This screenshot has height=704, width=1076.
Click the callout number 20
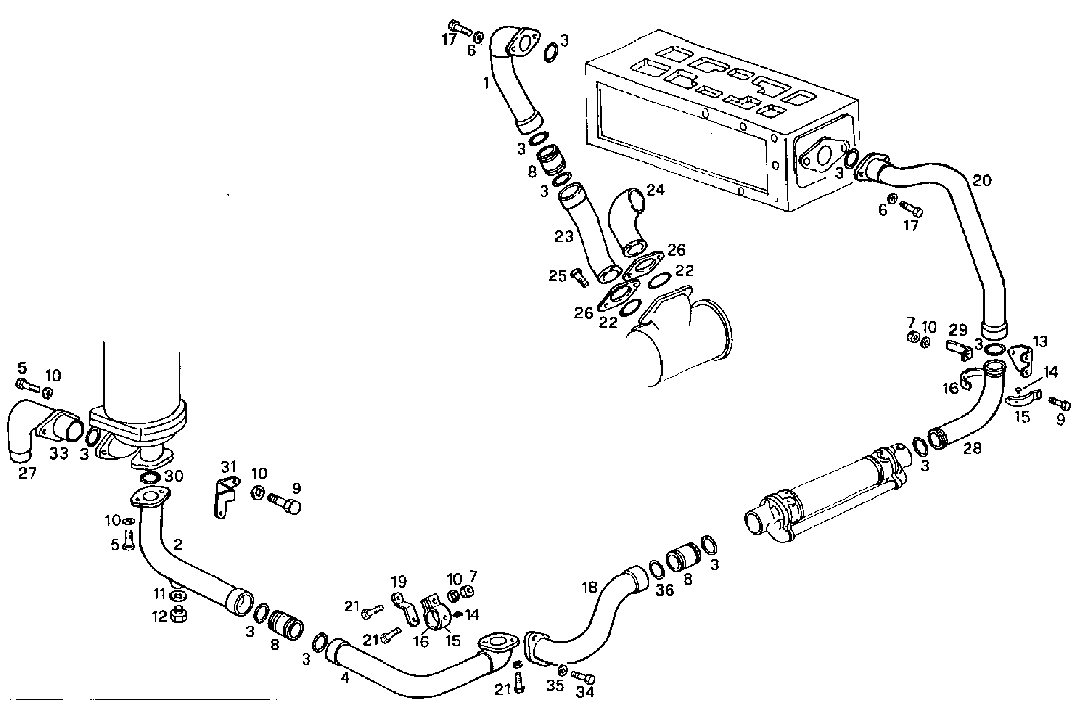point(982,181)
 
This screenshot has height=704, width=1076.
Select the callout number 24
point(655,190)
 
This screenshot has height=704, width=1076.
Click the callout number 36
point(666,590)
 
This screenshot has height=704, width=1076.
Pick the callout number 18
point(590,587)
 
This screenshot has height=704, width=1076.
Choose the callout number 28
point(972,448)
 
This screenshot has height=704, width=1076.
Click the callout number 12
point(160,617)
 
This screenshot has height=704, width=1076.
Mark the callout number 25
point(558,276)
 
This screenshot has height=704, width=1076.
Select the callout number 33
point(59,453)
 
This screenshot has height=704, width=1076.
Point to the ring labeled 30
point(150,478)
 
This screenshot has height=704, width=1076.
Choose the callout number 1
point(486,83)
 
